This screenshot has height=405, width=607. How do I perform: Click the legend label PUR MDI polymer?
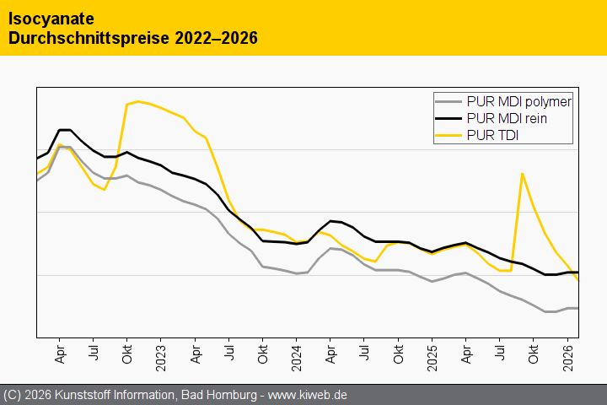click(518, 101)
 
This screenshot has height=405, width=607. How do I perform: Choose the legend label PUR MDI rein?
click(506, 118)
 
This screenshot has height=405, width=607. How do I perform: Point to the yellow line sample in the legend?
click(448, 135)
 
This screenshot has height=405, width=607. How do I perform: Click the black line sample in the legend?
click(448, 118)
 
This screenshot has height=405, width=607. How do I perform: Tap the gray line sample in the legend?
click(448, 101)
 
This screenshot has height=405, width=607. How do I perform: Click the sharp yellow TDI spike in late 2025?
click(523, 174)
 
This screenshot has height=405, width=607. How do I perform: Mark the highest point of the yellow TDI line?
click(138, 101)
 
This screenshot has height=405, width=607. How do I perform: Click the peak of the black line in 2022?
click(64, 130)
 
